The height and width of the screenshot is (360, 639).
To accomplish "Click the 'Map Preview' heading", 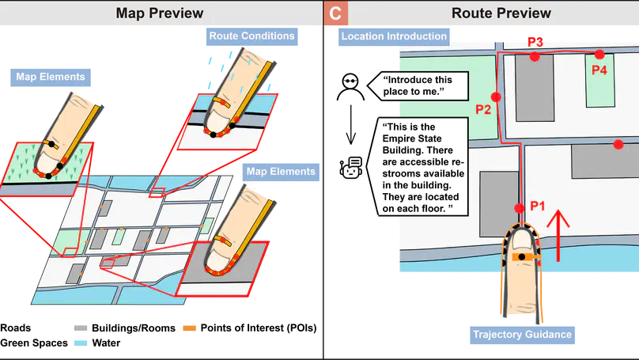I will pos(159,13).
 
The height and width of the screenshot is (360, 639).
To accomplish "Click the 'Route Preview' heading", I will pos(501,13).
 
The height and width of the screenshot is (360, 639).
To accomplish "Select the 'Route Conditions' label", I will pos(251,36).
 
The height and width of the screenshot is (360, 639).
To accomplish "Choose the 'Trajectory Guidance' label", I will pos(521,334).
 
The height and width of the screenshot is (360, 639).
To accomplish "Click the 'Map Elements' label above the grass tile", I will pos(51,78).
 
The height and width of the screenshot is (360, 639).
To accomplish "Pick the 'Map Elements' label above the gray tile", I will pos(281,172).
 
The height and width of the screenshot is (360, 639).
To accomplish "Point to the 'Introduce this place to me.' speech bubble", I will pos(422,86).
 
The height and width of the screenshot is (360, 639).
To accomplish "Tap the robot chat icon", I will pos(350,167).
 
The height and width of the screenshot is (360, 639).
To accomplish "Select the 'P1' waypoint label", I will pos(538,206).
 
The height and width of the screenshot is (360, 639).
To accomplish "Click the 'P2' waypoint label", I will pos(483,110).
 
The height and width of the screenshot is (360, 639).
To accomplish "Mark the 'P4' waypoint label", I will pos(599,70).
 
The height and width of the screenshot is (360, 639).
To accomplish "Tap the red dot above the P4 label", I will pos(599,55).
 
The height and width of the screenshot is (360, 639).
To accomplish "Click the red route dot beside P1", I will pos(519,208).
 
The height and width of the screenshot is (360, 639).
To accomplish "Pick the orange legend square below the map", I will pos(187,328).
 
